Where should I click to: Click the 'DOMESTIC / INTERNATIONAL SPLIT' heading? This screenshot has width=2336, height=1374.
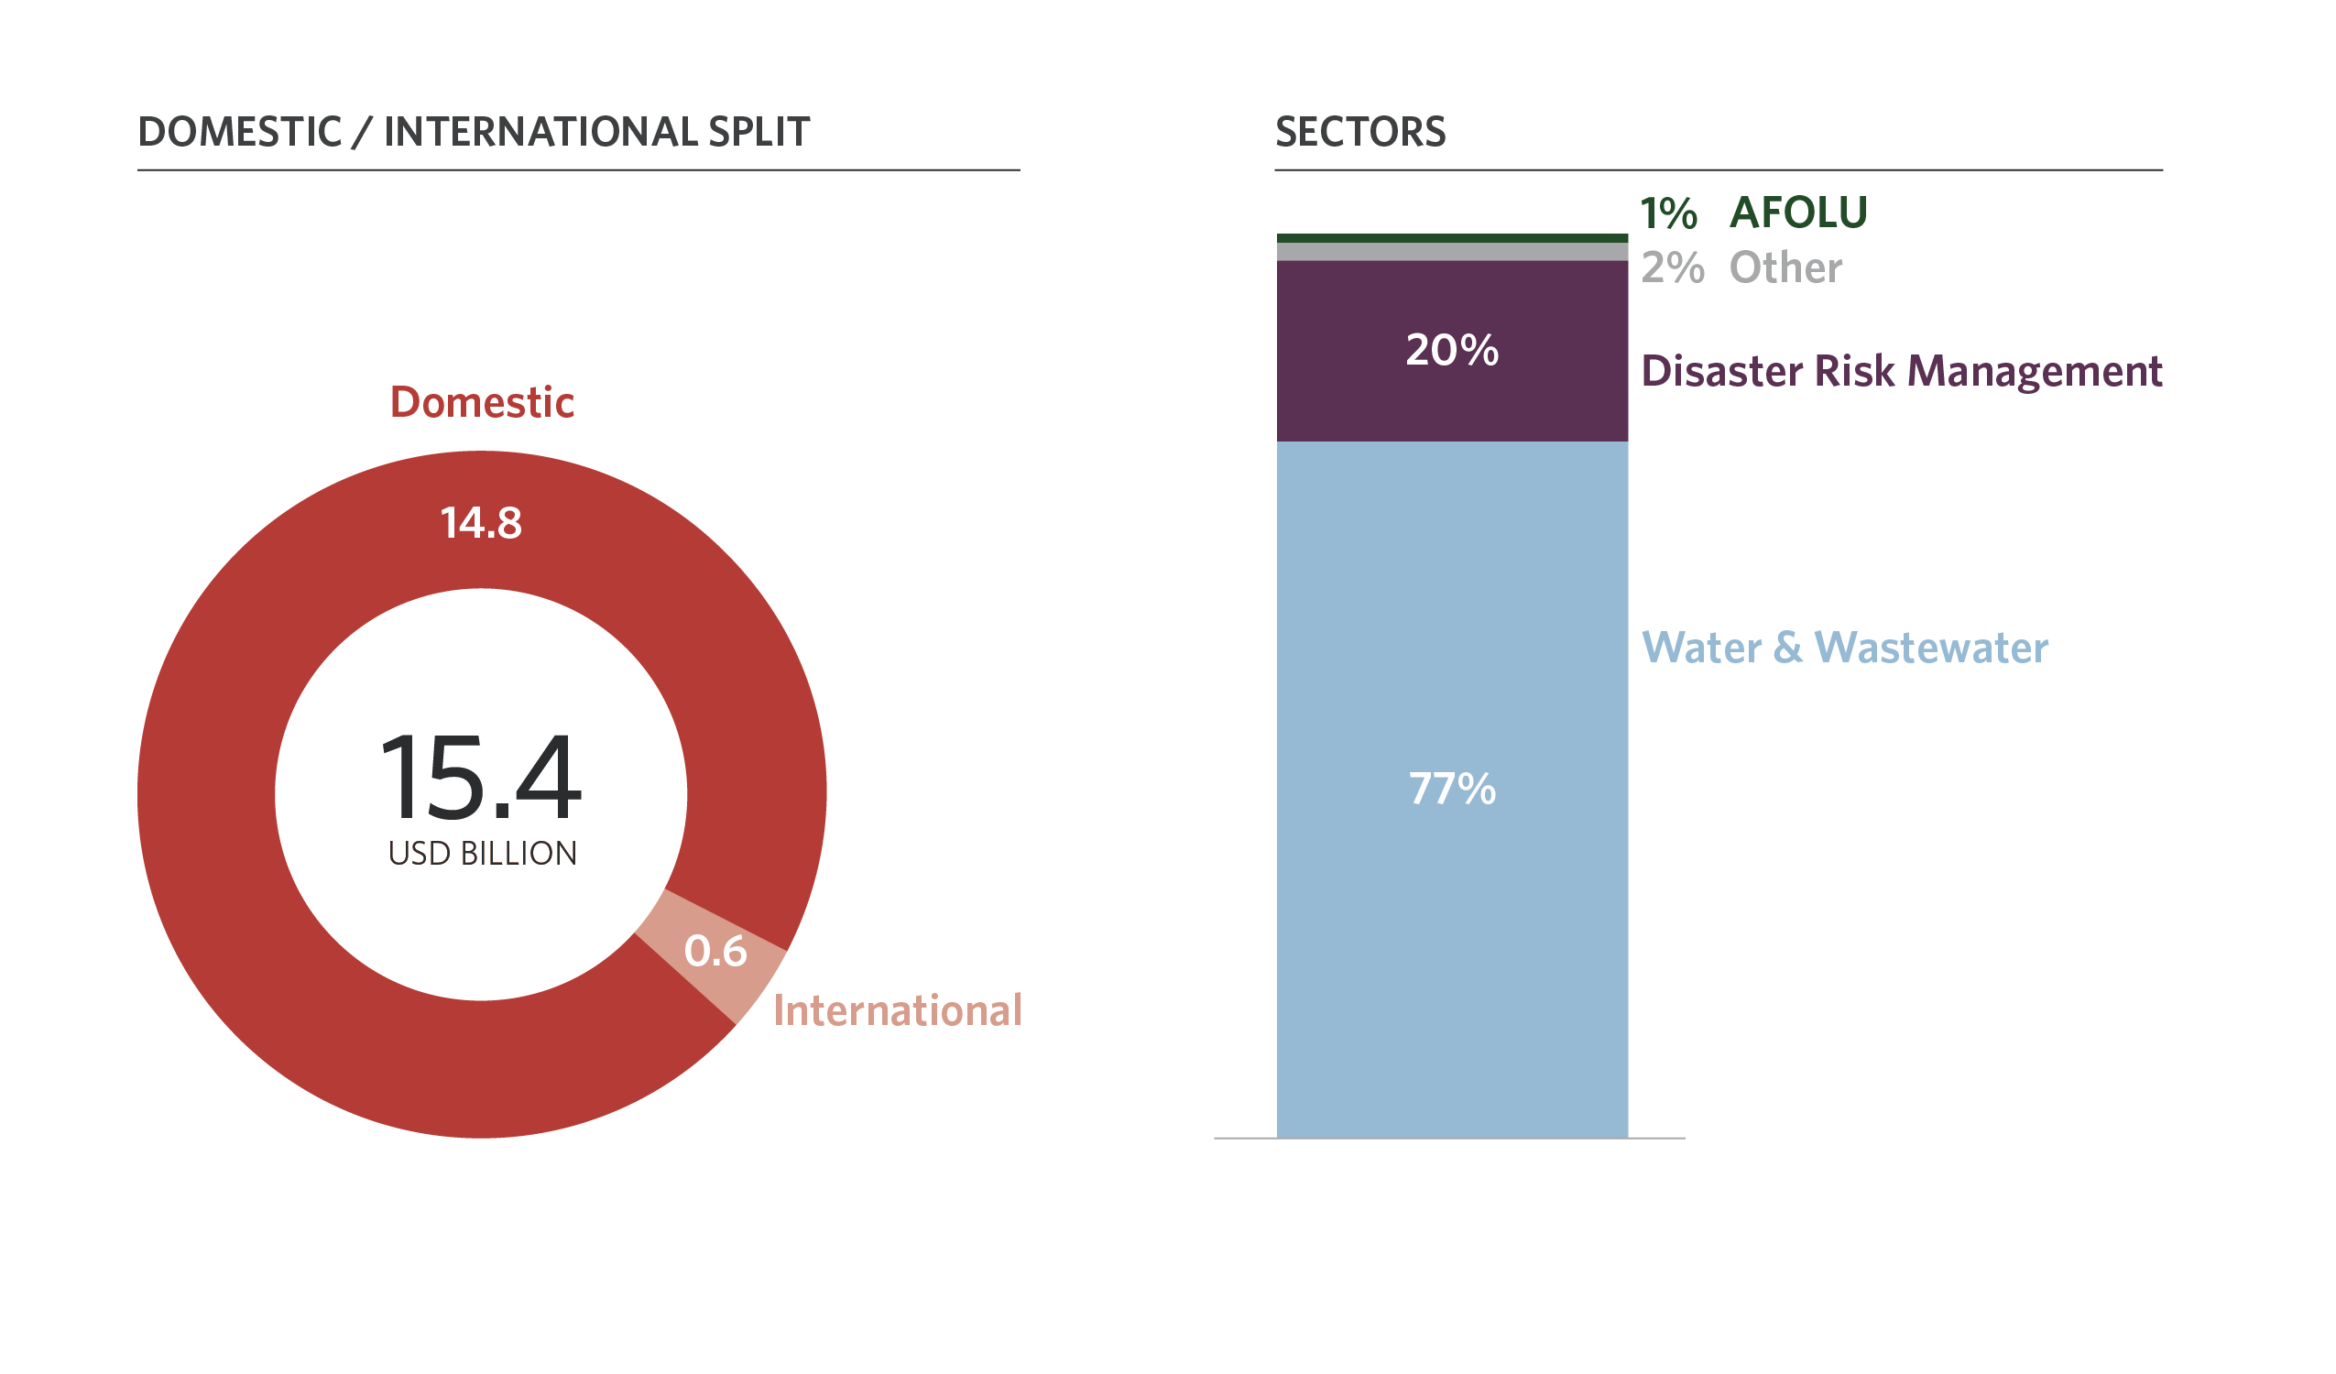click(474, 132)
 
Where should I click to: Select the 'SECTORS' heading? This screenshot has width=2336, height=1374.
click(1359, 132)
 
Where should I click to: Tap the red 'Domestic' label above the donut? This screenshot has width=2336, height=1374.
click(482, 402)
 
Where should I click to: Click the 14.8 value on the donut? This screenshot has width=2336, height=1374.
click(481, 523)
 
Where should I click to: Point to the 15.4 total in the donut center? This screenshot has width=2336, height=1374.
click(481, 777)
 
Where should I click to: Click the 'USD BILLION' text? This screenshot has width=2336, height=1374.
click(482, 853)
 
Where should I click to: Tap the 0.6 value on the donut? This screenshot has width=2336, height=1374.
click(715, 951)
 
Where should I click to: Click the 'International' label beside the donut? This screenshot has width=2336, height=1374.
click(898, 1010)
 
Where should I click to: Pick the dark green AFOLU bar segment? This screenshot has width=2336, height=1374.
click(1452, 238)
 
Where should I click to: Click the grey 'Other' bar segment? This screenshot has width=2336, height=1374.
click(1452, 251)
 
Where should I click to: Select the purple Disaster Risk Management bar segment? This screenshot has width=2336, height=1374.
click(1452, 398)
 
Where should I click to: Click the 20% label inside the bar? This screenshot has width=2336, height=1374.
click(1452, 351)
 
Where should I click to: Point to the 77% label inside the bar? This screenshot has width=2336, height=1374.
click(1452, 789)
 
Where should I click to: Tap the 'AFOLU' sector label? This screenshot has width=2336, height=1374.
click(1798, 213)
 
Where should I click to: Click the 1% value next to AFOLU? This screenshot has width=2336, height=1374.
click(1668, 214)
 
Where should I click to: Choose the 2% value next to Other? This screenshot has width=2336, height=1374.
click(1672, 268)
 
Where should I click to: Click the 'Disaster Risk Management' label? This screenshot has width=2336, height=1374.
click(1901, 371)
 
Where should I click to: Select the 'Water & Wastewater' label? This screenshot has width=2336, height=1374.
click(1845, 647)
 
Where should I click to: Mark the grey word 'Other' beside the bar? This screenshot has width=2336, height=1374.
click(1785, 268)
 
